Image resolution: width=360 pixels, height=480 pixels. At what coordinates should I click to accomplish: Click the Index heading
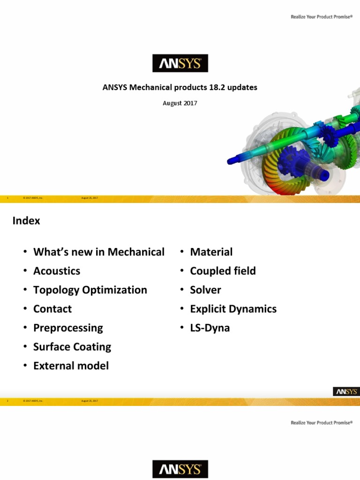[26, 221]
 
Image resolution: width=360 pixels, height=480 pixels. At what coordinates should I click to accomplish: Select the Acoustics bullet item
[57, 271]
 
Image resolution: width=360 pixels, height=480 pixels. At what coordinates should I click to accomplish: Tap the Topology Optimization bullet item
[90, 290]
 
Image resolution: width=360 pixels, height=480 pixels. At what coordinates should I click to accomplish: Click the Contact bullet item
[52, 309]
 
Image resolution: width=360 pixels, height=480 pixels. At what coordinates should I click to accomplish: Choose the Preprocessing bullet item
[68, 328]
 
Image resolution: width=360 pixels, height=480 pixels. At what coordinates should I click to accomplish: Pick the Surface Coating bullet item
[72, 347]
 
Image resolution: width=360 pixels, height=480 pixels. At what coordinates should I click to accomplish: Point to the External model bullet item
[71, 366]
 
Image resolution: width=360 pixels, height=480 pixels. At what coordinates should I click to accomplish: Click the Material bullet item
[211, 252]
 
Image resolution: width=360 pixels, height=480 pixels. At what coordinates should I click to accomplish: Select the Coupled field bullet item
[223, 271]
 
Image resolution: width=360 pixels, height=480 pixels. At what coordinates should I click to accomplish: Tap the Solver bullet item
[205, 290]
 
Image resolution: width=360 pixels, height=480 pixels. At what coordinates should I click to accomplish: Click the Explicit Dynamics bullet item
[233, 309]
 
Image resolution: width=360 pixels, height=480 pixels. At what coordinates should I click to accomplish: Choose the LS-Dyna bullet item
[210, 328]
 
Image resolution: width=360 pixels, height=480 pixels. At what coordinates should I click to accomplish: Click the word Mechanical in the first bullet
[136, 252]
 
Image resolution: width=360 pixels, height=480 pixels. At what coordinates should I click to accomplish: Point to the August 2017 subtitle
[180, 103]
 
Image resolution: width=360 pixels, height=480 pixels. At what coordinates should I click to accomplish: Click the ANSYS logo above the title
[180, 63]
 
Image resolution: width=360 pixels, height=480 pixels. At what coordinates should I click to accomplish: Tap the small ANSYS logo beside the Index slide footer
[346, 391]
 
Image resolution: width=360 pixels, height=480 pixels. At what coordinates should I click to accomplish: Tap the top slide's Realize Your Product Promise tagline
[321, 16]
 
